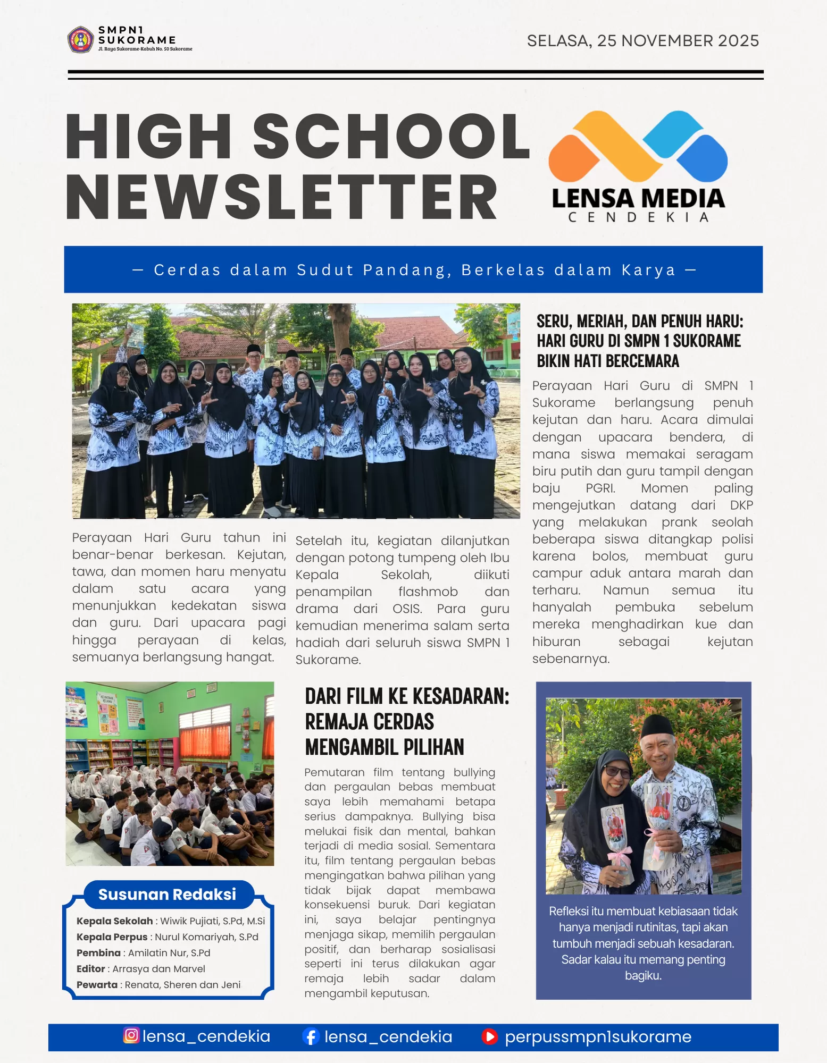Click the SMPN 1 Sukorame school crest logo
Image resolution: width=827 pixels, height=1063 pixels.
point(81,39)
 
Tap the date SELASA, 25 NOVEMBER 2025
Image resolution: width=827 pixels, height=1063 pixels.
point(642,41)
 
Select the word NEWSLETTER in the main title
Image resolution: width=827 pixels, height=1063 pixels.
point(281,198)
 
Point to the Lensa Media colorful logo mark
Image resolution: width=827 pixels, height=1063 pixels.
point(638,146)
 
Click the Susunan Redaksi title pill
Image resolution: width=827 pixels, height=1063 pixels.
point(167,895)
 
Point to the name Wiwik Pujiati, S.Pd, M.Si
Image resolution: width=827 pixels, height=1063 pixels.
point(212,921)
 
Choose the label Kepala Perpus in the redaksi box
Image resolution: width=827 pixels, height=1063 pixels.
point(112,937)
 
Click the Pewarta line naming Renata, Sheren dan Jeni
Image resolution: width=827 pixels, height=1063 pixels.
point(158,985)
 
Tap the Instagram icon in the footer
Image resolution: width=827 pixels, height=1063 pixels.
point(131,1035)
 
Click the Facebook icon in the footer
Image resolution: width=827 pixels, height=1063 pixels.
point(311,1036)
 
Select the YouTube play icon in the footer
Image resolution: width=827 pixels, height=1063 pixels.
point(489,1036)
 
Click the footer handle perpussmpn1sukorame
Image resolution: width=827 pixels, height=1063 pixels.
point(598,1036)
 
